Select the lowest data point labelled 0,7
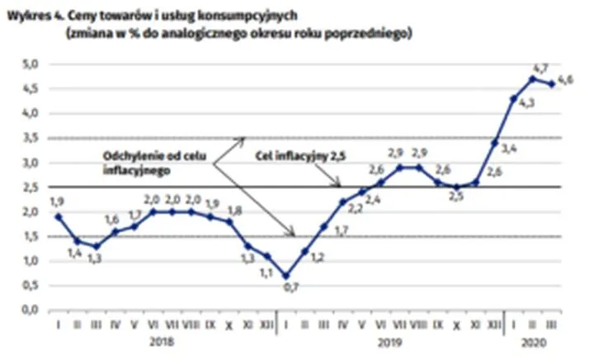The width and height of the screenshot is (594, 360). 285,276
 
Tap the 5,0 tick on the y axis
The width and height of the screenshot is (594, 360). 31,64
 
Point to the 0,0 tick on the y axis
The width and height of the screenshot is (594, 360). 31,310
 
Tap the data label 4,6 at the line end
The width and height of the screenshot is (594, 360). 566,79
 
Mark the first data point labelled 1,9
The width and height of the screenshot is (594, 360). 58,216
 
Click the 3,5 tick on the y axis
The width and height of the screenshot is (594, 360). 31,138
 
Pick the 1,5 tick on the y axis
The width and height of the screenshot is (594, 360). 31,236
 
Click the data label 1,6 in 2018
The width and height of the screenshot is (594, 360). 112,219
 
